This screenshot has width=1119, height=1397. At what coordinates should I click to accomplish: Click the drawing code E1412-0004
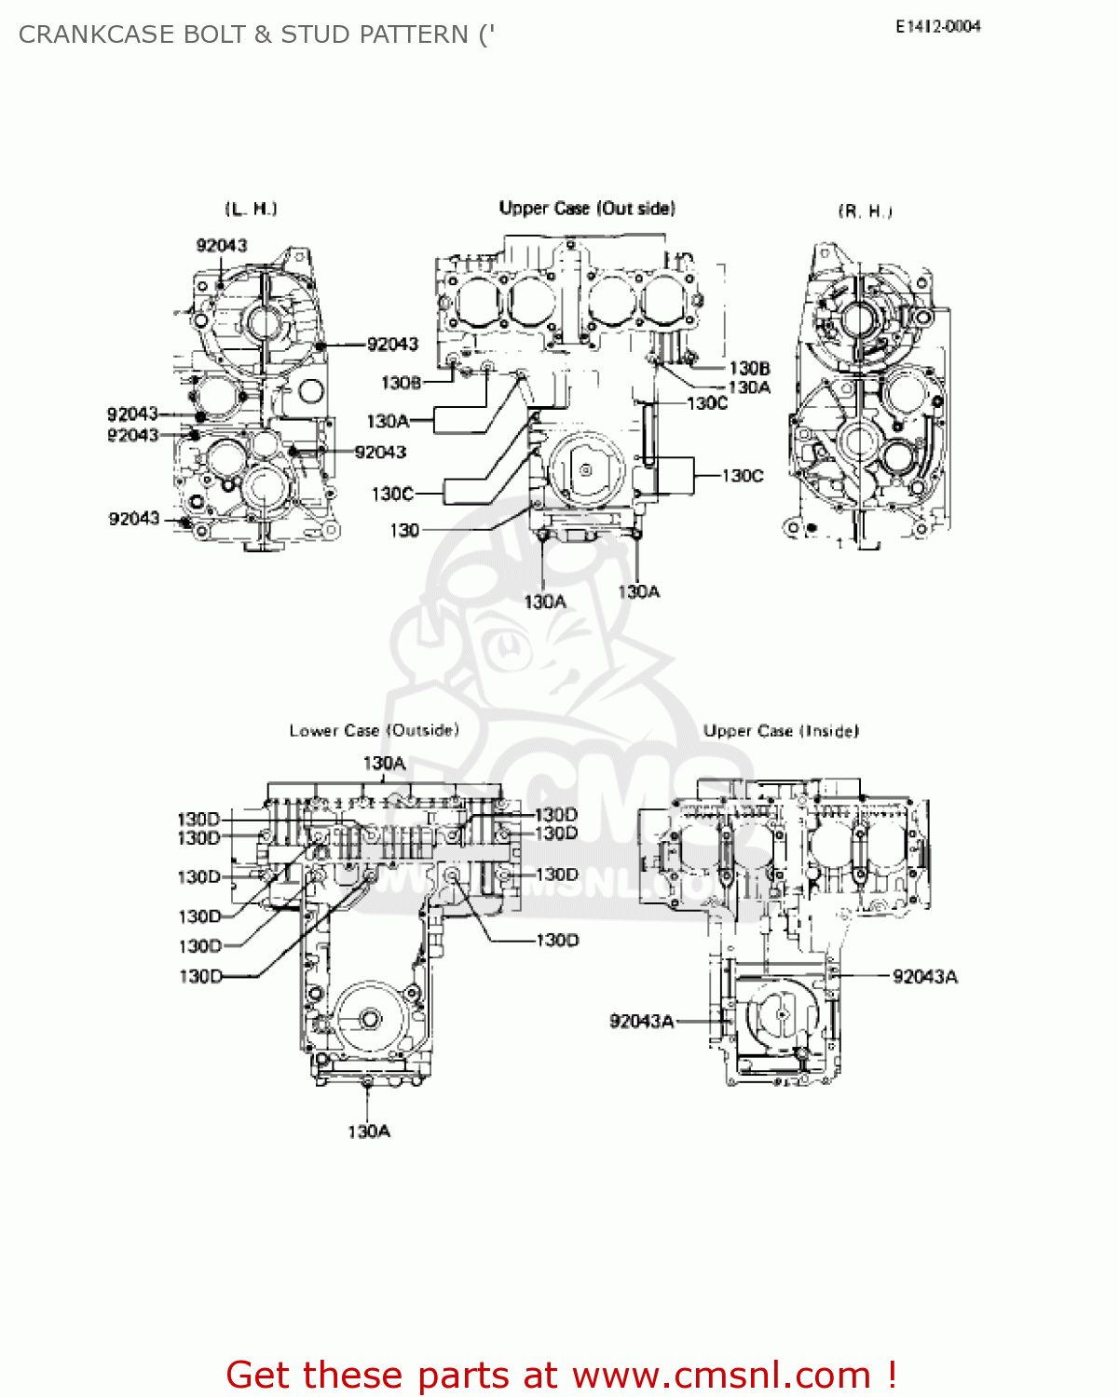(x=937, y=27)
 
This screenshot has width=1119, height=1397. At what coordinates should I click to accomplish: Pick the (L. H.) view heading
(x=251, y=209)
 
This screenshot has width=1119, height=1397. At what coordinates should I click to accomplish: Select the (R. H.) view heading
(x=865, y=211)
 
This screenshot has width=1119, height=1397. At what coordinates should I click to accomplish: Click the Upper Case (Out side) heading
(x=587, y=209)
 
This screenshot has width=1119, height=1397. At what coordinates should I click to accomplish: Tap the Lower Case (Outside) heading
(x=374, y=730)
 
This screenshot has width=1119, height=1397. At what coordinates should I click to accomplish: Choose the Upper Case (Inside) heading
(x=781, y=731)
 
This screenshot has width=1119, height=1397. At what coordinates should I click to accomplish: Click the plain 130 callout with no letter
(x=404, y=530)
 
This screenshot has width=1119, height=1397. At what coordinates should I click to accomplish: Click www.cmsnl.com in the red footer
(x=720, y=1375)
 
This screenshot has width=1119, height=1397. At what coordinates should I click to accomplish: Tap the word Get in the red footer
(x=258, y=1375)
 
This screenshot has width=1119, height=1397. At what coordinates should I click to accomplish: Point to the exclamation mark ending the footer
(x=892, y=1375)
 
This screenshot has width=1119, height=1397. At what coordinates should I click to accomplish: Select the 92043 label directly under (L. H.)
(x=222, y=245)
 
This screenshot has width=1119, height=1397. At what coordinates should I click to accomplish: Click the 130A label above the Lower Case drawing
(x=384, y=763)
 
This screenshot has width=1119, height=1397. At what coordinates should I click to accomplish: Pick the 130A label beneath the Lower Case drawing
(x=369, y=1132)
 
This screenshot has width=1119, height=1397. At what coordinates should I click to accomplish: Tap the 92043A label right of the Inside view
(x=924, y=976)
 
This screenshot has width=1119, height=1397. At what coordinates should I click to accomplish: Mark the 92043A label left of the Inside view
(x=641, y=1021)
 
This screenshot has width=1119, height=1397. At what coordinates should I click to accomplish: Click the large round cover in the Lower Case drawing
(x=370, y=1019)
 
